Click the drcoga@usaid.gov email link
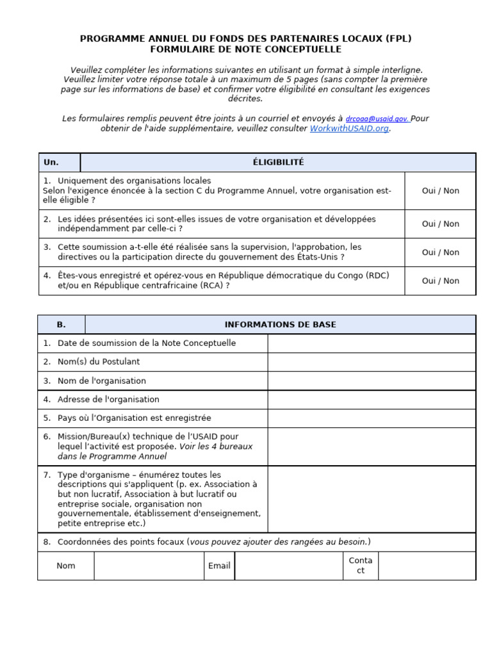click(x=377, y=119)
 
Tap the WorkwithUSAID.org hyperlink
click(x=349, y=128)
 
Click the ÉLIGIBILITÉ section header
click(x=278, y=163)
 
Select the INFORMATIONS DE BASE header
click(x=280, y=325)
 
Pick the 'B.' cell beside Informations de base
click(x=61, y=325)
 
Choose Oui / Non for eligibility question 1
click(x=440, y=191)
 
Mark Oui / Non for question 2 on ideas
click(x=440, y=224)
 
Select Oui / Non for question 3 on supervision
click(x=440, y=252)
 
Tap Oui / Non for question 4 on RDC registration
click(x=440, y=281)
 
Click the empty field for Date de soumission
click(x=371, y=343)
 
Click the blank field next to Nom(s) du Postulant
click(x=371, y=362)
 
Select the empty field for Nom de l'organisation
click(x=371, y=381)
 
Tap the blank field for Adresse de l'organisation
click(x=371, y=400)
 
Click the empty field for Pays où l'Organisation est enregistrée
click(x=371, y=418)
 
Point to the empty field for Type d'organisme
click(x=371, y=499)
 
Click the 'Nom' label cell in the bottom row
click(x=66, y=566)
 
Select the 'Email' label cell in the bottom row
click(x=219, y=566)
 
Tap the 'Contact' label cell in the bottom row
click(x=360, y=566)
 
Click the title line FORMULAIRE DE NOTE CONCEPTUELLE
click(x=245, y=49)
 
